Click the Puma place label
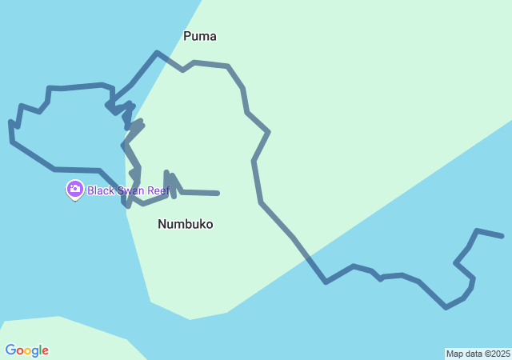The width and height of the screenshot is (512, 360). [199, 36]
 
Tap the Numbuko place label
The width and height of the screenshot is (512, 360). [185, 224]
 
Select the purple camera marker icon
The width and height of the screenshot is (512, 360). [74, 190]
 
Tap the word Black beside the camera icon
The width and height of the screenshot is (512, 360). [102, 190]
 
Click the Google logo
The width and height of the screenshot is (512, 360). [26, 350]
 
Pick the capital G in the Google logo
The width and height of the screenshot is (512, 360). [10, 350]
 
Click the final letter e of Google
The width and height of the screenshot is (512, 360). [45, 351]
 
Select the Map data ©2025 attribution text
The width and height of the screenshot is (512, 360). [478, 354]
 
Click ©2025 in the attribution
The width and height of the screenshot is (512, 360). [496, 354]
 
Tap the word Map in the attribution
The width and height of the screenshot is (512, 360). [454, 354]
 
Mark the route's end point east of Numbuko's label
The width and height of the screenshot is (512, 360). [218, 193]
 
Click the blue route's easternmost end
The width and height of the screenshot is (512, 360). [502, 236]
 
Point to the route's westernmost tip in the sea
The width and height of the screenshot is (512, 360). [10, 124]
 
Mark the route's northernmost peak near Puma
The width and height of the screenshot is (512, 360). [157, 53]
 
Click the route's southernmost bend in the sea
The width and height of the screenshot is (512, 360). [446, 307]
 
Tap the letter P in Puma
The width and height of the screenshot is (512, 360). [187, 36]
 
